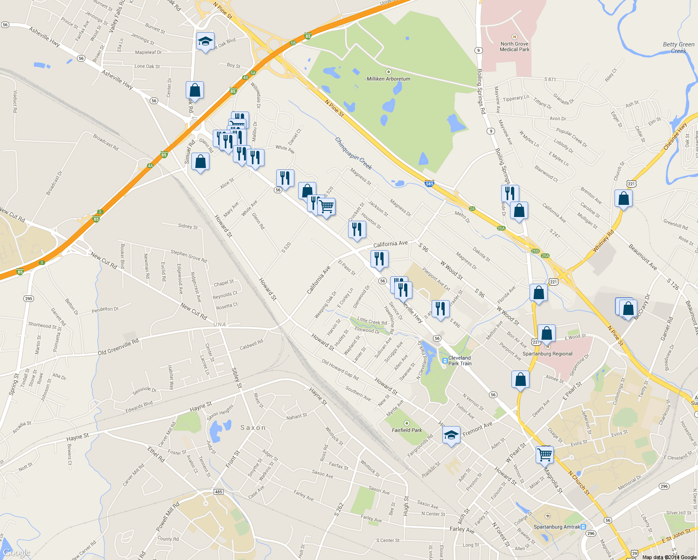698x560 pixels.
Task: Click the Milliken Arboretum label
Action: click(388, 79)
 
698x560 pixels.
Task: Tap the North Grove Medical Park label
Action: click(515, 47)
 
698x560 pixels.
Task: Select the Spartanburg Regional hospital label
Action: click(547, 354)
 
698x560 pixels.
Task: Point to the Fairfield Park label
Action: click(406, 430)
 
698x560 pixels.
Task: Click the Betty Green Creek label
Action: click(678, 48)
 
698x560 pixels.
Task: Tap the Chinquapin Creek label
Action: click(354, 153)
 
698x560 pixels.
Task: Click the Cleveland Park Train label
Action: click(460, 361)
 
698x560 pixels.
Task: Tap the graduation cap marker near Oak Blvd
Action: click(205, 42)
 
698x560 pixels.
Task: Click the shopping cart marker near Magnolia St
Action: click(544, 454)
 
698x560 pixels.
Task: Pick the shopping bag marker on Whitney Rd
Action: click(623, 199)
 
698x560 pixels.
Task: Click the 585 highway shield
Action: click(429, 183)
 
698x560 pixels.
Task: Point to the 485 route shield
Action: click(218, 492)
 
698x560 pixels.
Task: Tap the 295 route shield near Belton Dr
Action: click(28, 298)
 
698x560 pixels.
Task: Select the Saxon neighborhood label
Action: click(253, 427)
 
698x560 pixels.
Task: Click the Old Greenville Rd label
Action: click(118, 347)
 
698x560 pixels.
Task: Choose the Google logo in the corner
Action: click(16, 553)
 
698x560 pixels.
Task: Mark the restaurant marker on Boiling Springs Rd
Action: click(510, 193)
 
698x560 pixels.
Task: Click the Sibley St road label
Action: click(237, 378)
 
